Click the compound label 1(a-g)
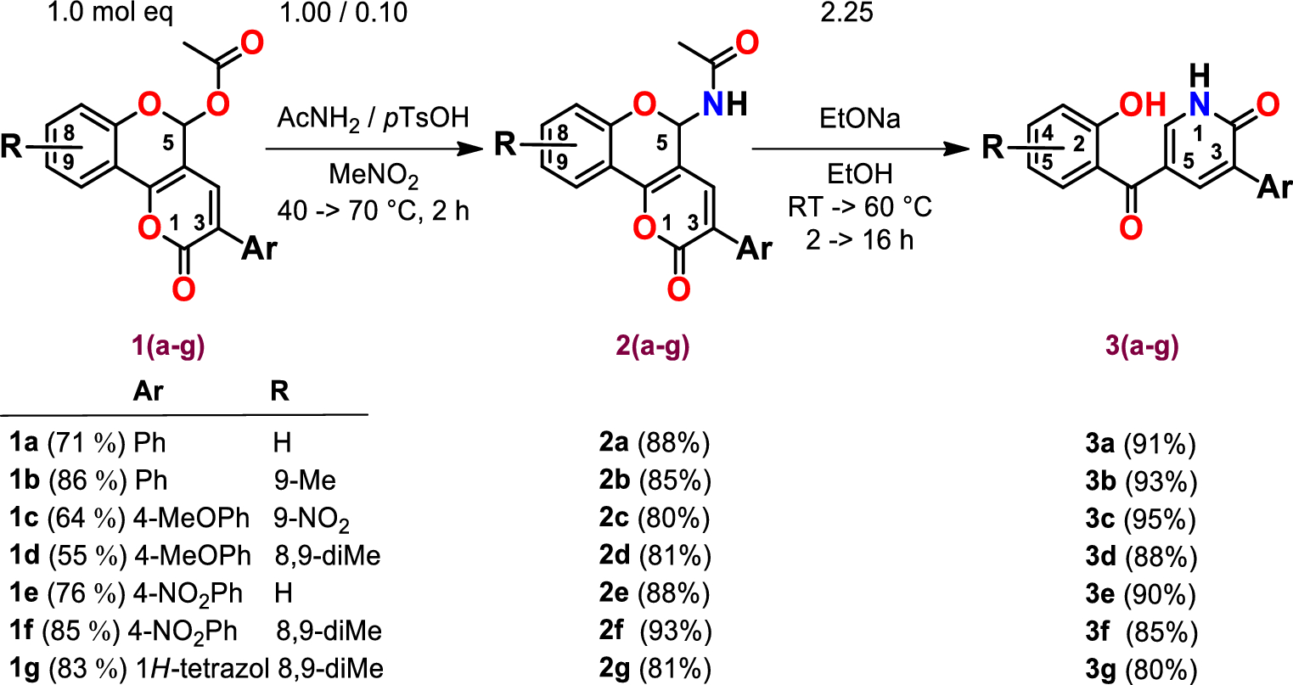point(170,347)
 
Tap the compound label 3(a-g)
point(1143,346)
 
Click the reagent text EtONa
point(860,119)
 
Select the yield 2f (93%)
point(654,631)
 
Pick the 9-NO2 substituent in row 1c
point(311,518)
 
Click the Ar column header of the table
point(148,390)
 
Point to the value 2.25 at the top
point(846,13)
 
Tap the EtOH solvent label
point(860,174)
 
